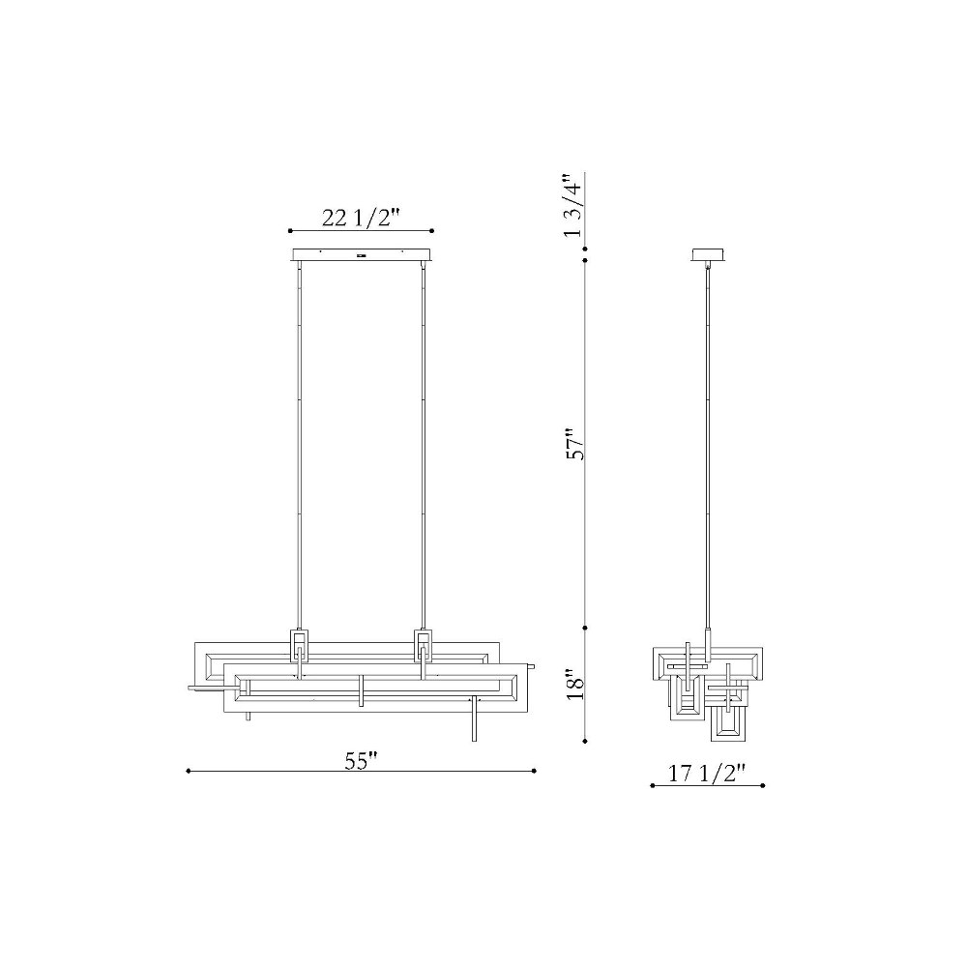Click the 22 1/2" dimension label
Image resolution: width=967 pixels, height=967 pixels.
pos(362,218)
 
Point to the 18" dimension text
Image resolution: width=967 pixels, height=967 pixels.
pos(574,683)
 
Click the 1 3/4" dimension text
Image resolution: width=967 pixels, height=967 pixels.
pos(571,205)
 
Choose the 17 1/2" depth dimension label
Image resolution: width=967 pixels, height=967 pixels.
pos(708,774)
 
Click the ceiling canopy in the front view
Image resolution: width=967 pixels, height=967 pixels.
pos(361,254)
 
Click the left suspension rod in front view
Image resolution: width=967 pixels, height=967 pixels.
pos(299,445)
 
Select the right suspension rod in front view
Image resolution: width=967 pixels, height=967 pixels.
pos(424,445)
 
